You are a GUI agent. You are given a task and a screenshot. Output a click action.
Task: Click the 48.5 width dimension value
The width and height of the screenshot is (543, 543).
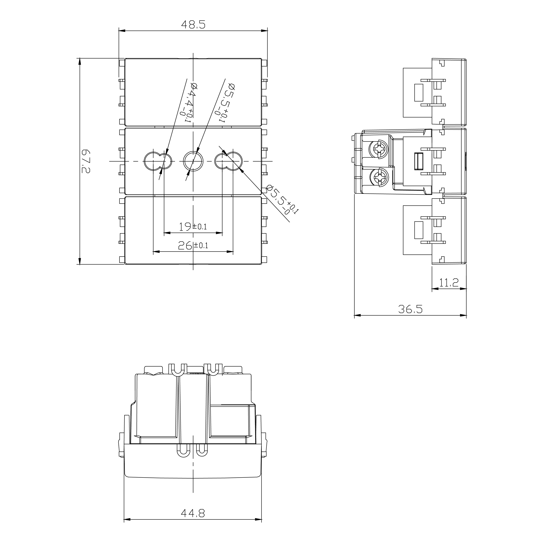pyautogui.click(x=193, y=25)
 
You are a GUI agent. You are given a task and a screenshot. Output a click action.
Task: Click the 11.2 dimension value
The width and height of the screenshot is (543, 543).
pyautogui.click(x=449, y=283)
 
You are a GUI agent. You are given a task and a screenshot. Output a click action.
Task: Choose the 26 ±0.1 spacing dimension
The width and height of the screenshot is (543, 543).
pyautogui.click(x=193, y=246)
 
